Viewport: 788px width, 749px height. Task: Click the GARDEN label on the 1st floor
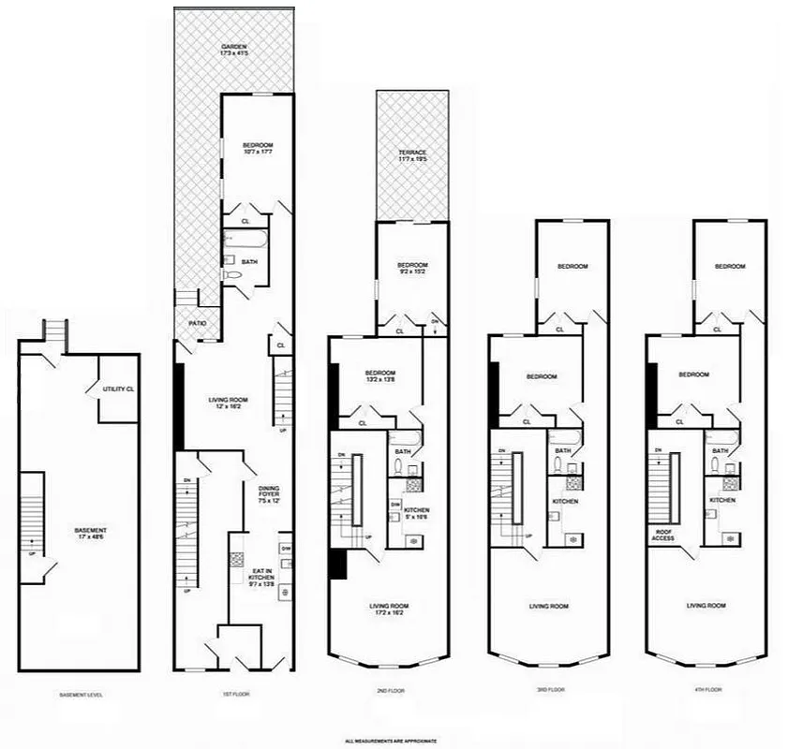click(x=233, y=51)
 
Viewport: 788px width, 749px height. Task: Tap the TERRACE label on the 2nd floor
click(x=412, y=156)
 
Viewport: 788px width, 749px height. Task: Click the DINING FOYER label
click(x=269, y=492)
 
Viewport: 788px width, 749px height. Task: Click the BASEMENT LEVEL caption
click(x=79, y=695)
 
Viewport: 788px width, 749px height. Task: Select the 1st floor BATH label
click(x=249, y=262)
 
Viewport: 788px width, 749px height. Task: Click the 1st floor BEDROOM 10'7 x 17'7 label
click(x=258, y=148)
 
